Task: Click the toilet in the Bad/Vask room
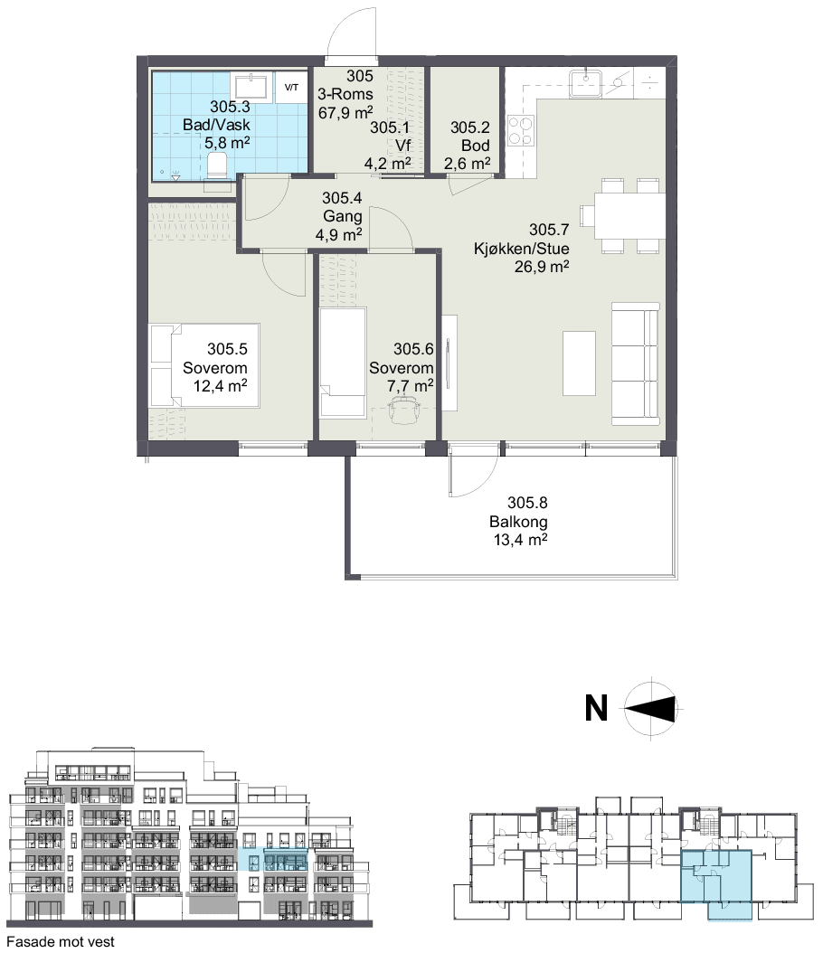[x=217, y=165]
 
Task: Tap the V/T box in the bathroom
[x=291, y=88]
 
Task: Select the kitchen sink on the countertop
[x=585, y=82]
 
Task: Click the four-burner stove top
[x=520, y=131]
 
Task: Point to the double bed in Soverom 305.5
[x=204, y=364]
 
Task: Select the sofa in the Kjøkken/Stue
[x=635, y=363]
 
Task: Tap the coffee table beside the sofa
[x=579, y=363]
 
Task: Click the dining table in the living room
[x=629, y=216]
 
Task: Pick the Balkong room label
[x=518, y=522]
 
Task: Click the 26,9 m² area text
[x=542, y=266]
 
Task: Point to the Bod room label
[x=476, y=146]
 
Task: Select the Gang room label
[x=343, y=216]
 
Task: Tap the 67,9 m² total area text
[x=345, y=112]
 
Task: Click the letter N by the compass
[x=596, y=708]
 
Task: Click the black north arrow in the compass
[x=650, y=709]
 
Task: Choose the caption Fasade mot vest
[x=61, y=942]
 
